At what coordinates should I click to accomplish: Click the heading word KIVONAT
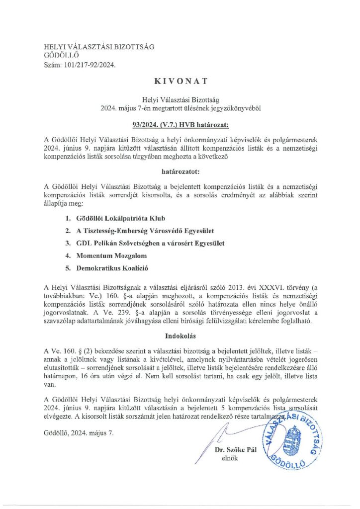coord(180,79)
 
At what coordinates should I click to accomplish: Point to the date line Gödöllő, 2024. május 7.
coord(79,432)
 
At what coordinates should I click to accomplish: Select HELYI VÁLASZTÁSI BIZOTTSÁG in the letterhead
coord(99,47)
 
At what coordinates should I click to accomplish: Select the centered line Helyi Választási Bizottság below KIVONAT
coord(180,99)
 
